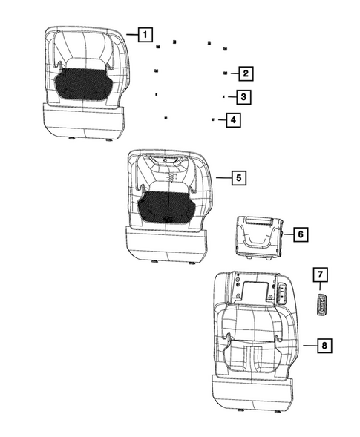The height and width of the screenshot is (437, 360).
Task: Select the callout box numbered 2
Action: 243,73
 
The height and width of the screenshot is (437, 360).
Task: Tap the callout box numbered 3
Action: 241,96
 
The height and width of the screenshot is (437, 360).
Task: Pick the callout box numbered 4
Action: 232,119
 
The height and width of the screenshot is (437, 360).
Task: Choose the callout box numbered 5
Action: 238,178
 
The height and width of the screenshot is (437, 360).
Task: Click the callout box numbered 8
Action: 324,345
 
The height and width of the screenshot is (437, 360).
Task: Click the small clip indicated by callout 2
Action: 224,73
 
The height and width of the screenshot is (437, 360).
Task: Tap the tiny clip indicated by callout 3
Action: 223,96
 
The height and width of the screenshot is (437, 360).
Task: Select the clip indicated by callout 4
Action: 212,119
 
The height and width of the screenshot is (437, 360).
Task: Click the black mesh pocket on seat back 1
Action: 82,83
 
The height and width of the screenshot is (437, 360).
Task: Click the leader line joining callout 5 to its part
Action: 223,178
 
